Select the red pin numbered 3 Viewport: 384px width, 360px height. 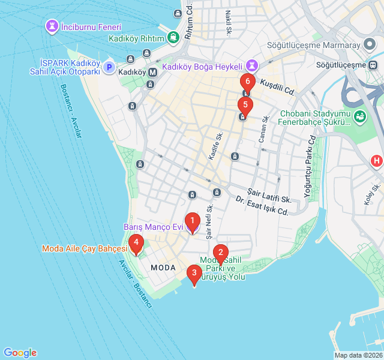[x=194, y=274]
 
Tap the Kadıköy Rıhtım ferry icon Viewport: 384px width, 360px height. [x=173, y=38]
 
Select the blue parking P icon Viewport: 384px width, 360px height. [x=109, y=67]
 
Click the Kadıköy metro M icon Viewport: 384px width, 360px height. [x=152, y=72]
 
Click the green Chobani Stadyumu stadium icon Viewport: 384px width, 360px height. [x=360, y=116]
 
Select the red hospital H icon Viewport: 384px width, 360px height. [x=376, y=161]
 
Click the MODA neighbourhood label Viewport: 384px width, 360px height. [x=163, y=267]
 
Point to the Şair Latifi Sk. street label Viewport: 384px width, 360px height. [x=269, y=196]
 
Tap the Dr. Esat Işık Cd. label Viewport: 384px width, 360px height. [x=262, y=206]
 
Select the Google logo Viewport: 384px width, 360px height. [x=20, y=353]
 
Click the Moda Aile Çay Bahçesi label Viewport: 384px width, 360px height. [x=84, y=248]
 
